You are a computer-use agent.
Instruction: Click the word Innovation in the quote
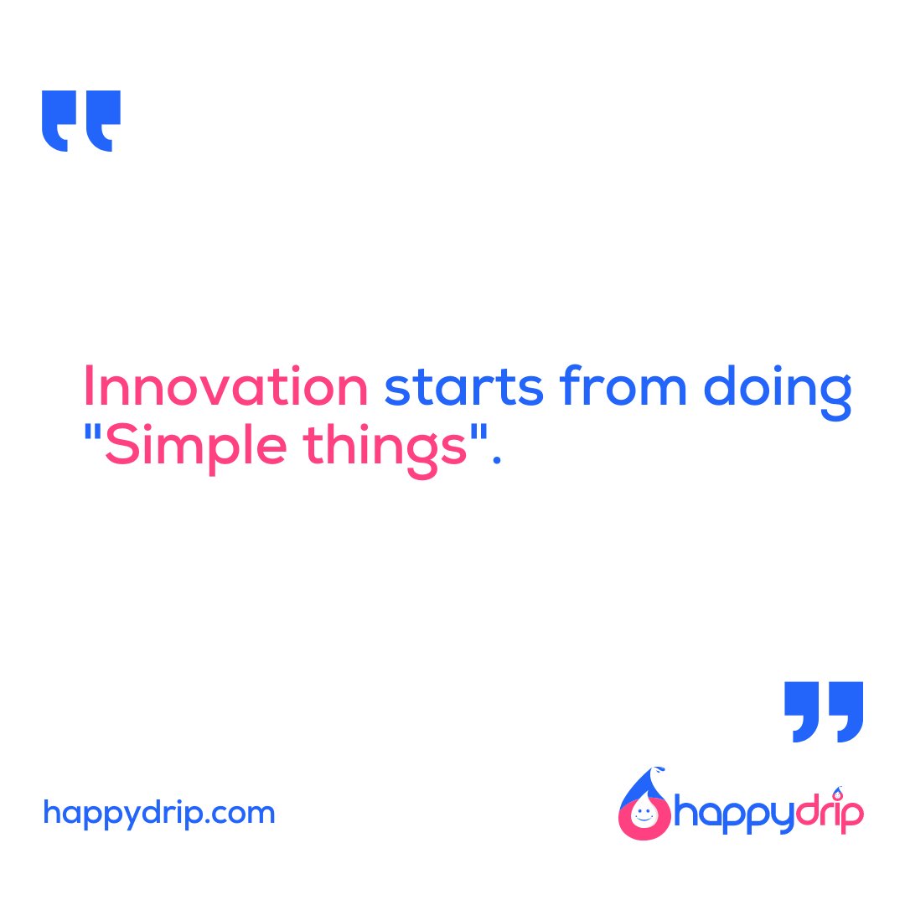point(225,388)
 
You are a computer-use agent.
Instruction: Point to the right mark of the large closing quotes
point(846,711)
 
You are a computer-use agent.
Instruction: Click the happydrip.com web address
point(158,813)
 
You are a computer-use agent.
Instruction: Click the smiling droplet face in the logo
point(643,815)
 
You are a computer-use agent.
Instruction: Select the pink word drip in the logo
point(829,815)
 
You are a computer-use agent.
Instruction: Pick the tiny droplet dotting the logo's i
point(838,791)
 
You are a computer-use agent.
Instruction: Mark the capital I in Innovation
point(88,388)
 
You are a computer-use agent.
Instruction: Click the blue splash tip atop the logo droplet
point(659,771)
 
